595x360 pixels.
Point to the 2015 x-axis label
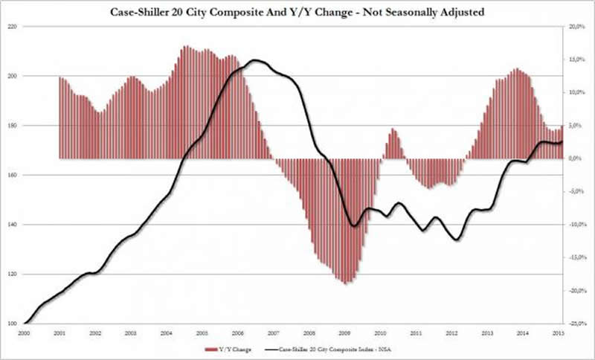(559, 332)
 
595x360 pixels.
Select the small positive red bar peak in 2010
(393, 130)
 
